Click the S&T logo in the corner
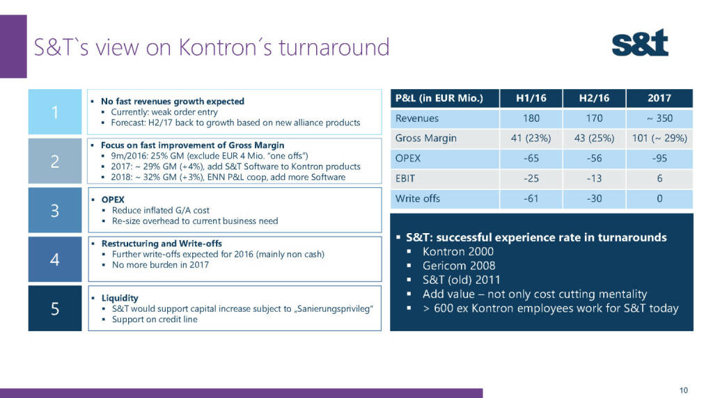(640, 43)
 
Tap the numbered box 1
(54, 112)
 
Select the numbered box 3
(54, 210)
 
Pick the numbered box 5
(54, 308)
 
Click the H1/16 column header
(531, 98)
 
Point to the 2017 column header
(659, 98)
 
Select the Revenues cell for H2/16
(594, 118)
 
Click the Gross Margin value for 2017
(659, 138)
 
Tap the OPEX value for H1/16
(531, 159)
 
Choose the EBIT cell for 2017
(659, 179)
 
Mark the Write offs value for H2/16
(594, 199)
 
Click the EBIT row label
(407, 179)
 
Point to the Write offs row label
(417, 199)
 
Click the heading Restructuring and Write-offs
(162, 244)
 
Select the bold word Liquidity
(120, 298)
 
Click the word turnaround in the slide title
(334, 47)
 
